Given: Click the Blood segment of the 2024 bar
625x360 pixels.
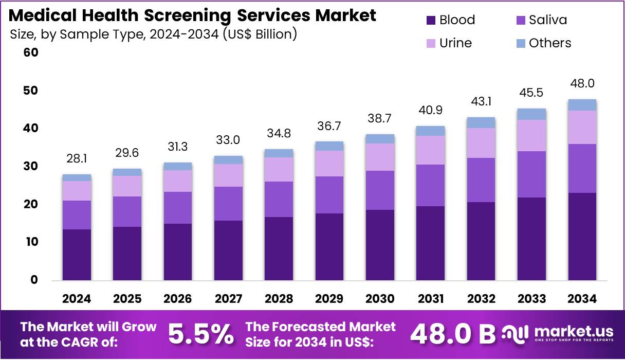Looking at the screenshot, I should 77,255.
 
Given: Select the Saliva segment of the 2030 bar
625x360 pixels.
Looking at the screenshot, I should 380,190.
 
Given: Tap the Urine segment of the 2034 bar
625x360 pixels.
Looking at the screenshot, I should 582,127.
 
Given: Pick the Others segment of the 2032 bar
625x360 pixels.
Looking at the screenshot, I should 481,122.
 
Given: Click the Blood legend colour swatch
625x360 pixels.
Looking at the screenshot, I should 431,21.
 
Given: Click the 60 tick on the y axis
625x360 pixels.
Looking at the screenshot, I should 31,52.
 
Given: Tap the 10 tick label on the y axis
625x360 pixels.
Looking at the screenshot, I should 31,242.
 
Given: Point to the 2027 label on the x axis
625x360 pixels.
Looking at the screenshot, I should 228,299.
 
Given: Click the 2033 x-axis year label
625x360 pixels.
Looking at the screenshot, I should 531,299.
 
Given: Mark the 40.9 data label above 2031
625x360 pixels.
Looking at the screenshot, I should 430,110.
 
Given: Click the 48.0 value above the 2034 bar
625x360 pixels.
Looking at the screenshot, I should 582,84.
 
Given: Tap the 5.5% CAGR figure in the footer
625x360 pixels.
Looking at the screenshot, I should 200,334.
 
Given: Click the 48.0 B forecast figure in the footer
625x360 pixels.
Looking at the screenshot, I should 452,334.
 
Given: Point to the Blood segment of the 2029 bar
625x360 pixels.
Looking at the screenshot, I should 329,247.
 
